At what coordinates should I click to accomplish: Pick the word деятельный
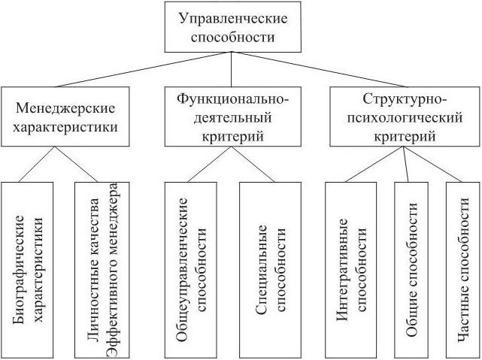click(232, 118)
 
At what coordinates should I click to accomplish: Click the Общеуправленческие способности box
click(189, 269)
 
